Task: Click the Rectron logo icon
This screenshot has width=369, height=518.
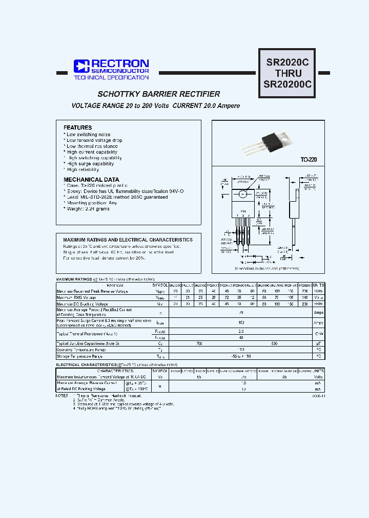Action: [x=81, y=66]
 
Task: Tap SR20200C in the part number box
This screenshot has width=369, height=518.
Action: [x=287, y=85]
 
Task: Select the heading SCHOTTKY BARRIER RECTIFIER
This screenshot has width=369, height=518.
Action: [x=159, y=94]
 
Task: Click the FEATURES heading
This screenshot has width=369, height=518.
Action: [x=77, y=127]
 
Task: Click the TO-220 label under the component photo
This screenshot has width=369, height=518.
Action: [x=309, y=160]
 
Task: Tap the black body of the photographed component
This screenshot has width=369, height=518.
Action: [x=272, y=140]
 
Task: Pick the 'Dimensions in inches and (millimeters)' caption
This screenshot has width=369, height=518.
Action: [x=267, y=268]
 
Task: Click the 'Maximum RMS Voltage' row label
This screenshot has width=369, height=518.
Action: [x=76, y=297]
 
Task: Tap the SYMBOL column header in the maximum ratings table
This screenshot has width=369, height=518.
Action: [x=160, y=285]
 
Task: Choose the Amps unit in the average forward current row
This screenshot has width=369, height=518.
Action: [x=318, y=312]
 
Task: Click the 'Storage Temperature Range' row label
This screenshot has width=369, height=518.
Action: [x=79, y=356]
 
